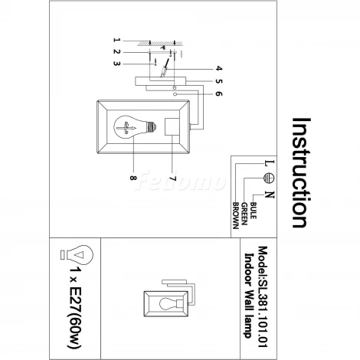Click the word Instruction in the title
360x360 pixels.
(301, 172)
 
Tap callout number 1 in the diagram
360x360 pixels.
(116, 40)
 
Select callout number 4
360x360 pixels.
(219, 68)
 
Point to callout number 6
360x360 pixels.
(219, 93)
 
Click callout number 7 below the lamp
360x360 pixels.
(173, 178)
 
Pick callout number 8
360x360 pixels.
(133, 178)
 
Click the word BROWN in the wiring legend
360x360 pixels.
(236, 216)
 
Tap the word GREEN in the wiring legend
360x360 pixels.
(244, 214)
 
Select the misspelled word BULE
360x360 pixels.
(254, 211)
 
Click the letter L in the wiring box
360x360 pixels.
(270, 163)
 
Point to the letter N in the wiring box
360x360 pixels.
(270, 195)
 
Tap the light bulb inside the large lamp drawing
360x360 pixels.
(135, 127)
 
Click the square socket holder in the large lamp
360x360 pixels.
(172, 127)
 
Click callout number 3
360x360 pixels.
(116, 64)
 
